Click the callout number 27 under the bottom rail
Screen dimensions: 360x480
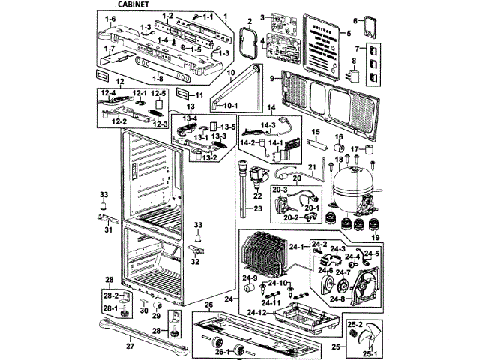click(x=129, y=346)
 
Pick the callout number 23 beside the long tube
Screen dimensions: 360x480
click(x=257, y=209)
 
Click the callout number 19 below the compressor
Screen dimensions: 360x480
click(x=375, y=237)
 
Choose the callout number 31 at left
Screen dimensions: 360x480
click(x=107, y=229)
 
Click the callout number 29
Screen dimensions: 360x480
click(x=156, y=317)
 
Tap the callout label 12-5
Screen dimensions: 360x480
click(x=158, y=92)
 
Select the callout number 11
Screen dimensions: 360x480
click(x=199, y=95)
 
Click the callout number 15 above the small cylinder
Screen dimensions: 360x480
click(x=316, y=133)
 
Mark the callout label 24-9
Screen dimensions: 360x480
click(x=249, y=277)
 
